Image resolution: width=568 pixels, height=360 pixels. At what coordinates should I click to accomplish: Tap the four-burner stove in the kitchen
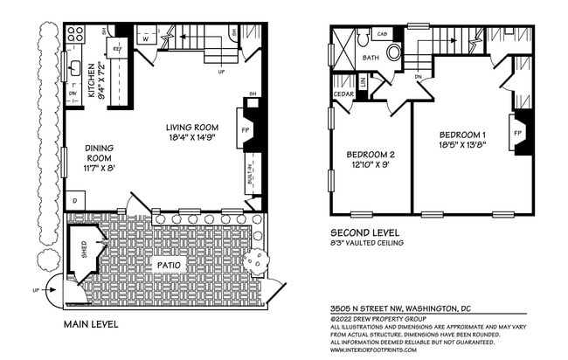[x=75, y=36]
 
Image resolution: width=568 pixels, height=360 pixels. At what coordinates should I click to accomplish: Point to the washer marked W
[x=146, y=38]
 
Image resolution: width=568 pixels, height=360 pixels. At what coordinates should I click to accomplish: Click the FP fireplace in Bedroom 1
[x=518, y=134]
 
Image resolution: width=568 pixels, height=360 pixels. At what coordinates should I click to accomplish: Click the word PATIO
[x=170, y=262]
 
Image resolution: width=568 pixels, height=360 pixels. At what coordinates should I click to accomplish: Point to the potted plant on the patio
[x=257, y=260]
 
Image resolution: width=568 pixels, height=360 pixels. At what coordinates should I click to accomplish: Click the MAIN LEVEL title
[x=92, y=324]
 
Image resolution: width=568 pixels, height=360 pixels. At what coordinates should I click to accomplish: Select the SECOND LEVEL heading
[x=364, y=233]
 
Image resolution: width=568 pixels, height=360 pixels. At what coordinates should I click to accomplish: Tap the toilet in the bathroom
[x=394, y=52]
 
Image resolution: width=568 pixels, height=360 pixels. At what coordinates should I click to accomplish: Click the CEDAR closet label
[x=342, y=93]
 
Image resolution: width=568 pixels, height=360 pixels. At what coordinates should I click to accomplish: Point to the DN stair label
[x=418, y=76]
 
